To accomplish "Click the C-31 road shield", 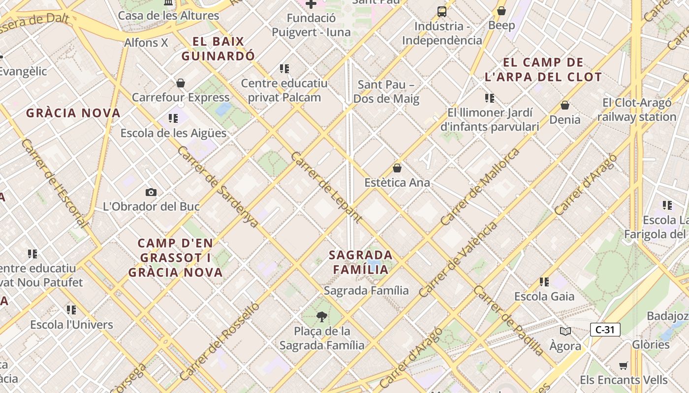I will (605, 330).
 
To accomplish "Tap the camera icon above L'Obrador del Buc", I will (151, 192).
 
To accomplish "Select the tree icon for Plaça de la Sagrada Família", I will (322, 316).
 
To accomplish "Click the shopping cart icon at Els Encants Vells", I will (624, 365).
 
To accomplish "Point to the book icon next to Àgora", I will (565, 332).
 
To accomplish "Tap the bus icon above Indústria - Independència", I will (442, 11).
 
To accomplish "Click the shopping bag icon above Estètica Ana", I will (397, 168).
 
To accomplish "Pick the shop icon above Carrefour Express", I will (181, 83).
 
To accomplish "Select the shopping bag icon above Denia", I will (565, 105).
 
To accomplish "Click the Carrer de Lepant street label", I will (326, 187).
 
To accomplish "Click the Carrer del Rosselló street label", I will (219, 341).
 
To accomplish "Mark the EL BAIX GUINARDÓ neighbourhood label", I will (218, 49).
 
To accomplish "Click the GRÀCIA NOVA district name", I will (73, 113).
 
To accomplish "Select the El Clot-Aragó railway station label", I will (637, 110).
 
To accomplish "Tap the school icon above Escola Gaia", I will (544, 282).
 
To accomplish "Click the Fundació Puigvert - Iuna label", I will (311, 25).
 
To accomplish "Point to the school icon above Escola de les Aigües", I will (173, 118).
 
